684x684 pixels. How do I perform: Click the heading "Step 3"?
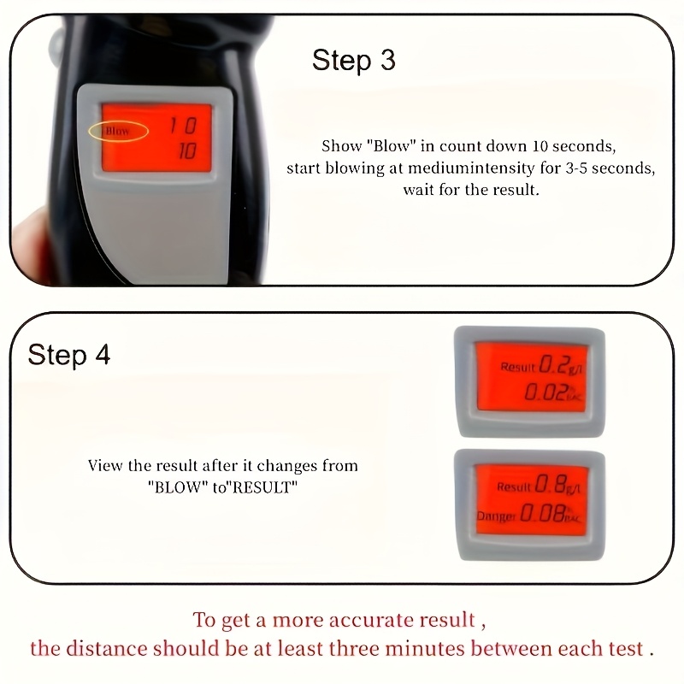(353, 61)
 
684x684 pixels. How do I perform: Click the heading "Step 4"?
(68, 355)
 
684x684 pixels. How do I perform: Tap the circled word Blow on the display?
(118, 132)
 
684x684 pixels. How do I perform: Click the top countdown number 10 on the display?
(181, 127)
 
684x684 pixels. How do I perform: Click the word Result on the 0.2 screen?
(517, 367)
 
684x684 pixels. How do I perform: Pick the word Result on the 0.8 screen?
(514, 487)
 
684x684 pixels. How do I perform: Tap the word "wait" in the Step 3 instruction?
(421, 190)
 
